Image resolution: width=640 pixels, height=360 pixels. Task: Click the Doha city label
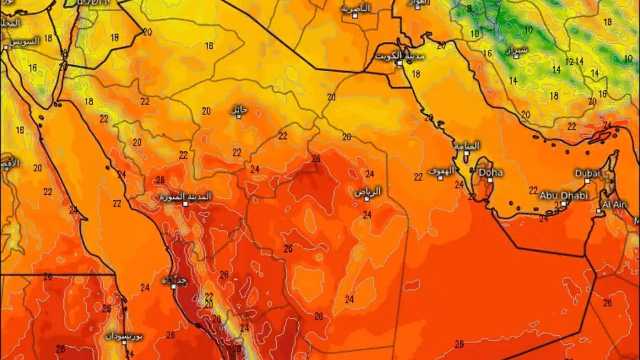491,173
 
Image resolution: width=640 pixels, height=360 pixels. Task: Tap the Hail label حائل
237,109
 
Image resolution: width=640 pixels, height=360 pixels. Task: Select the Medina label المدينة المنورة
184,197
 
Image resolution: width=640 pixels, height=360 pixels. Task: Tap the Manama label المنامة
466,145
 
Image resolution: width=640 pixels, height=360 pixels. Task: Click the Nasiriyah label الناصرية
354,9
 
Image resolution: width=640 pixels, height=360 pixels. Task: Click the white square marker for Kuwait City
398,63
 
